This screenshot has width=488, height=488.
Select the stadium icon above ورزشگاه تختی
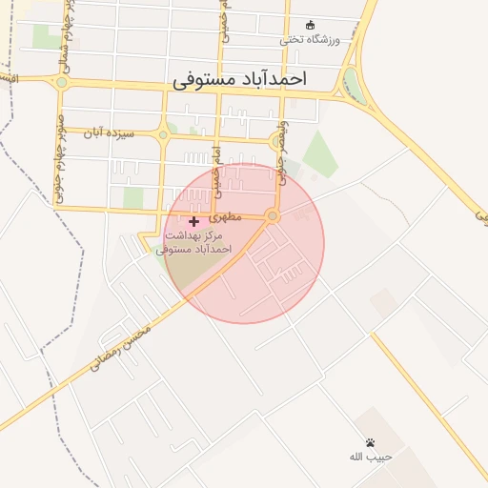309,25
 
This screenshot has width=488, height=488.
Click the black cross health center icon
194,221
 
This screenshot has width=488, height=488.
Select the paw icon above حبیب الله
370,442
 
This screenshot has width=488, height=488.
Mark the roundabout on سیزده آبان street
163,135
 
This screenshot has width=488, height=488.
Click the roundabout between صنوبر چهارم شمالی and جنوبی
62,83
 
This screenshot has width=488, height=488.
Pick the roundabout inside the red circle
274,217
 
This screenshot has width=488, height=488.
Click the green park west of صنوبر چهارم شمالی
43,36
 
